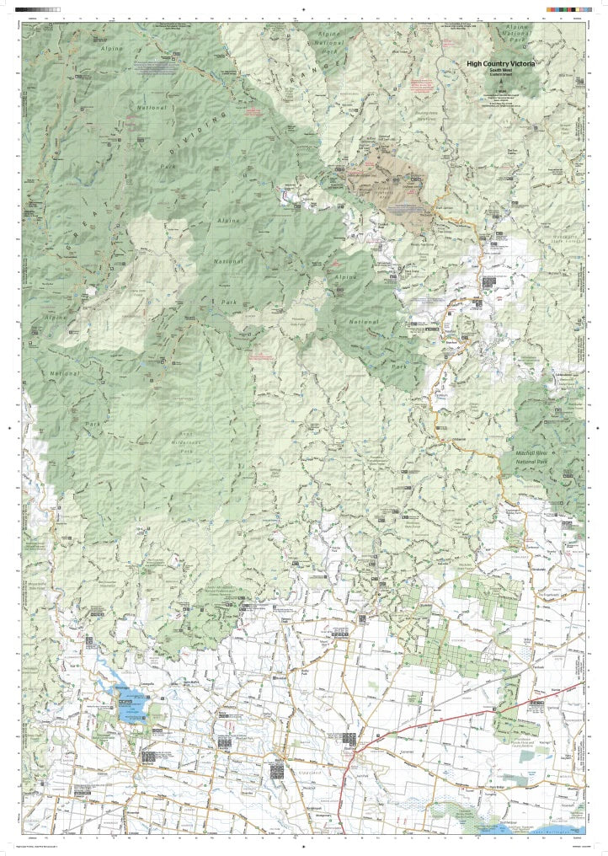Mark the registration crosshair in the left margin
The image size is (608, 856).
click(x=9, y=428)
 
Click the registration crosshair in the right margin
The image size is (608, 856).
click(x=599, y=428)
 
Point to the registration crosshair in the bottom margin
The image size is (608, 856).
click(x=304, y=848)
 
